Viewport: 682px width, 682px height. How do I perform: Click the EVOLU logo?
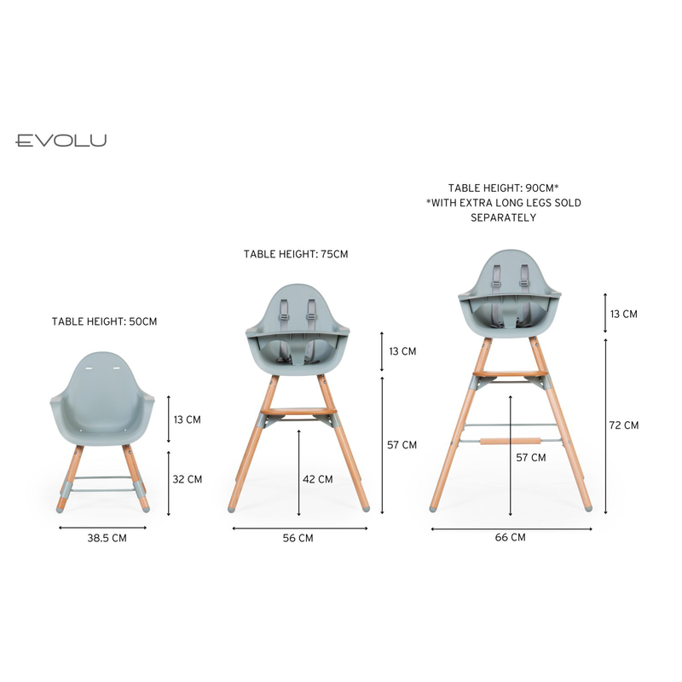[61, 141]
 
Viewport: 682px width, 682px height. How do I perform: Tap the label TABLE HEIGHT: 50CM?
[104, 321]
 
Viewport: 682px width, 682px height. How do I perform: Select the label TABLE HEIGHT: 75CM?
[296, 254]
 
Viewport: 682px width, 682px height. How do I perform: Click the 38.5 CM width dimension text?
[107, 538]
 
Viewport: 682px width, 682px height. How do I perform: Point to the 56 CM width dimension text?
[298, 538]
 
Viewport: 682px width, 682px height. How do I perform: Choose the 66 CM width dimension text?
[510, 538]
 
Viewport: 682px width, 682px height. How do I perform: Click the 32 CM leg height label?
[188, 479]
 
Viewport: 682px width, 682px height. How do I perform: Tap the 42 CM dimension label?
[318, 479]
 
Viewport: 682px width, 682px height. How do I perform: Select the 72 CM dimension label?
[624, 425]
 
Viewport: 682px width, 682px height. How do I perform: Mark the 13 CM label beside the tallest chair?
[624, 314]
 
